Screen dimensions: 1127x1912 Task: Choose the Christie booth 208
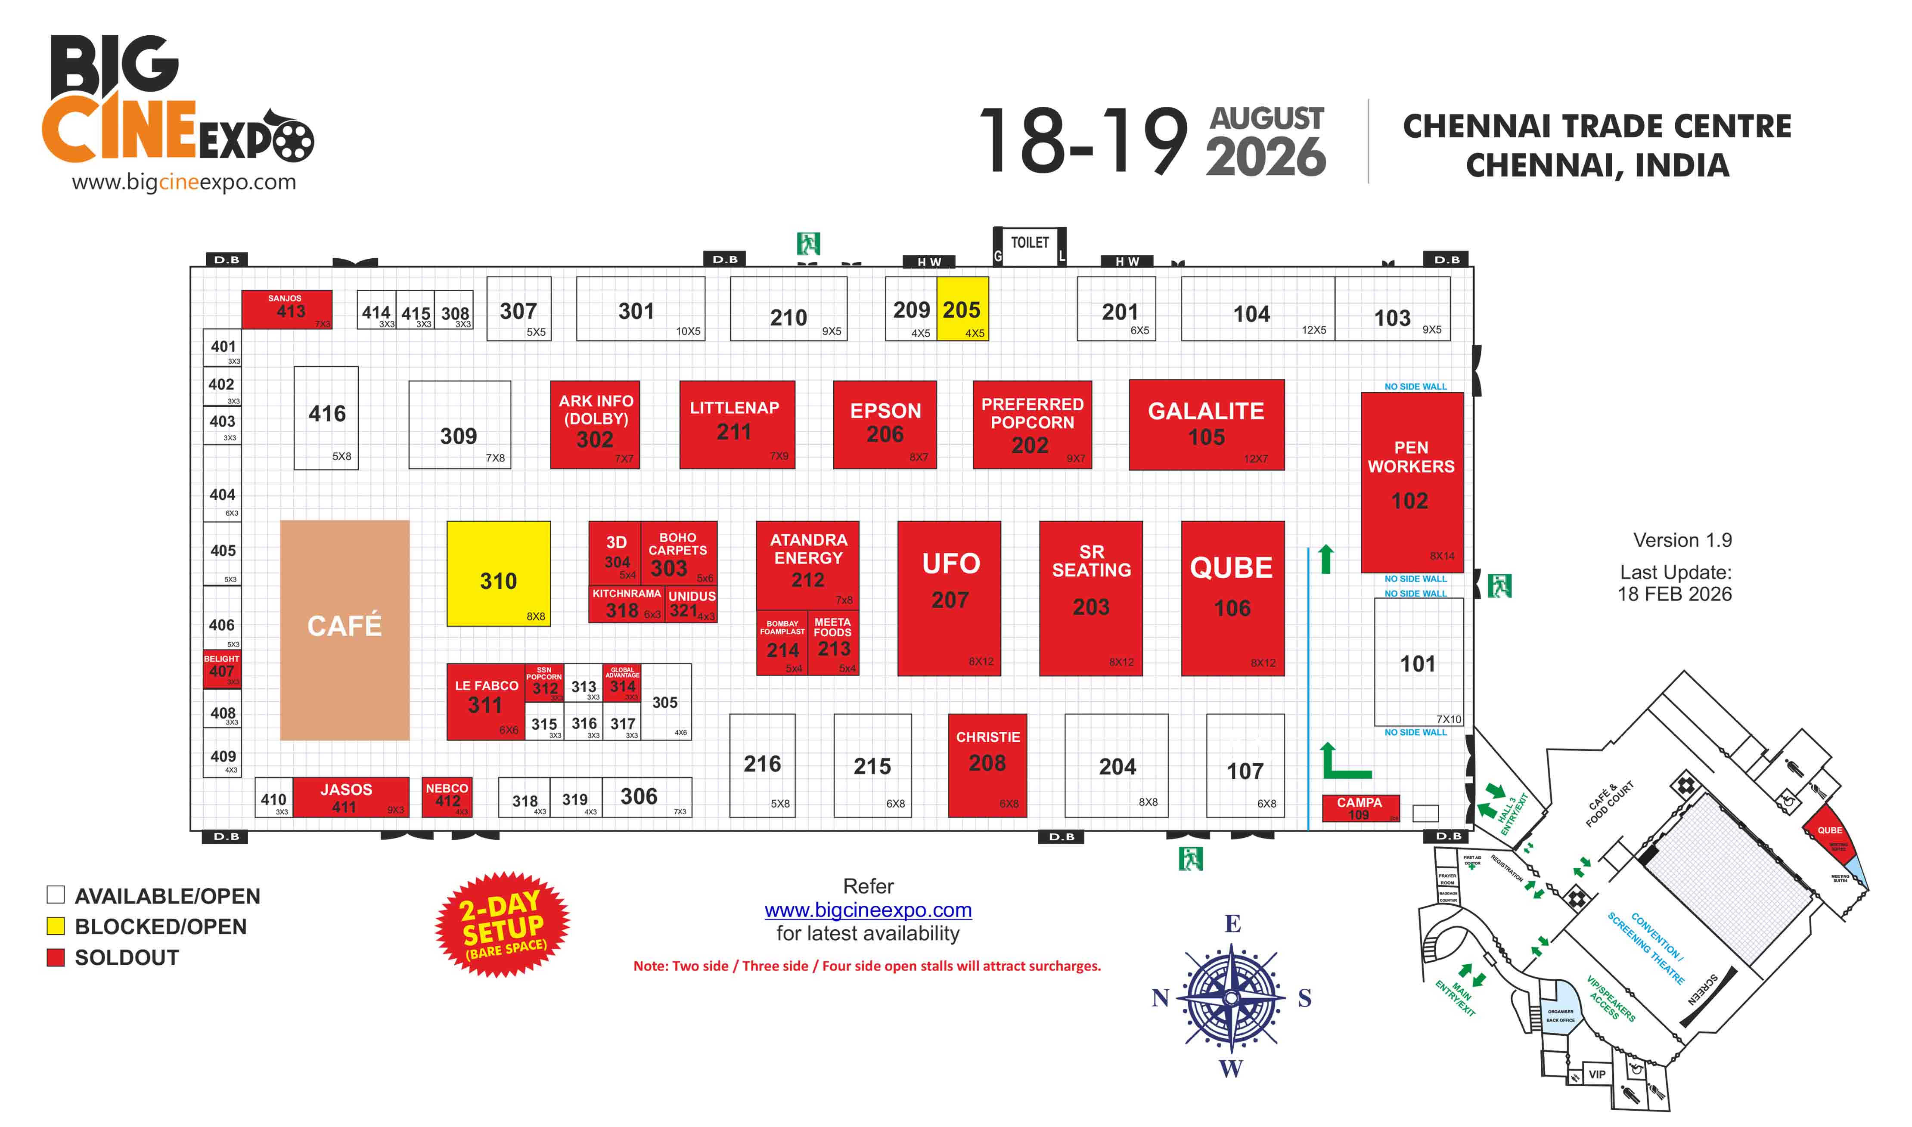tap(987, 765)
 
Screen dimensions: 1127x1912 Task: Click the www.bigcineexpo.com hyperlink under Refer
tap(867, 910)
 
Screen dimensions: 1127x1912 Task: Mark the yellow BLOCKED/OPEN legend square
tap(56, 926)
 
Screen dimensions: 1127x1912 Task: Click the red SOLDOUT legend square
tap(56, 957)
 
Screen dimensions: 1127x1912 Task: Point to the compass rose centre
tap(1231, 997)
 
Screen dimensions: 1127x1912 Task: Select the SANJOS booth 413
tap(286, 309)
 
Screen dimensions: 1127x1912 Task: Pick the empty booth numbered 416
tap(326, 418)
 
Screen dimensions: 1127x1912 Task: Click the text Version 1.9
tap(1682, 540)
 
